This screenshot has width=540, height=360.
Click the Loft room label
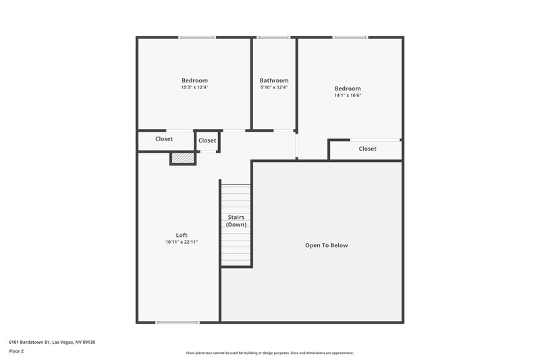182,235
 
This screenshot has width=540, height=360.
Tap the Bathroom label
274,80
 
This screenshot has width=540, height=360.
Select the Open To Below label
326,245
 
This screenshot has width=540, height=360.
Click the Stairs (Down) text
236,221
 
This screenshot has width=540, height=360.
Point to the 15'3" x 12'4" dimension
194,87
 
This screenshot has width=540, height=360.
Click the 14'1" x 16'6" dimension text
348,95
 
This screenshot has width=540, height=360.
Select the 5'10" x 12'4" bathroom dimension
274,87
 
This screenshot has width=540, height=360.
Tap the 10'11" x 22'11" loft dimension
182,242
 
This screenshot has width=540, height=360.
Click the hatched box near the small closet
182,158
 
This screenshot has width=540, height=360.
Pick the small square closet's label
207,140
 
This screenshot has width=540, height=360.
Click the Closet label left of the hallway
164,139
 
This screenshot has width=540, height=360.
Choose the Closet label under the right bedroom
368,149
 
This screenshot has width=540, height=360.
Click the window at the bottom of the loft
177,322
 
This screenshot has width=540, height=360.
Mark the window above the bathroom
274,37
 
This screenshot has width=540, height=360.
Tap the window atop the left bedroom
197,37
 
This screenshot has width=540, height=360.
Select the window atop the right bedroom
350,37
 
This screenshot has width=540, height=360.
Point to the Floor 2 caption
16,351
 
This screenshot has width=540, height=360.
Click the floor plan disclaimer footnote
269,353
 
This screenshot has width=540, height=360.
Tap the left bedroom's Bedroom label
194,80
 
